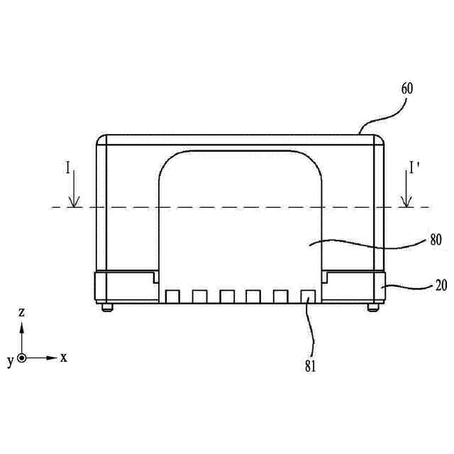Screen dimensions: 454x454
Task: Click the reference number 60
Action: point(407,89)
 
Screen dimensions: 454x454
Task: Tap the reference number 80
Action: point(436,240)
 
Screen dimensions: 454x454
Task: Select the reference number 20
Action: point(441,285)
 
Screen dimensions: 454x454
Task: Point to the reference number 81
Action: point(310,366)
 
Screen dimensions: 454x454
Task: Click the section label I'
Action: point(414,167)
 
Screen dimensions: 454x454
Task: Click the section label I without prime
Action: point(68,167)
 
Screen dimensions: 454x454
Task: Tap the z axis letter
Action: point(21,312)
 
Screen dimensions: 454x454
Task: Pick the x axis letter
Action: point(64,358)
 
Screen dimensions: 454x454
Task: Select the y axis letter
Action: point(11,361)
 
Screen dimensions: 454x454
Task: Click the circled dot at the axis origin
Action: point(21,358)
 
